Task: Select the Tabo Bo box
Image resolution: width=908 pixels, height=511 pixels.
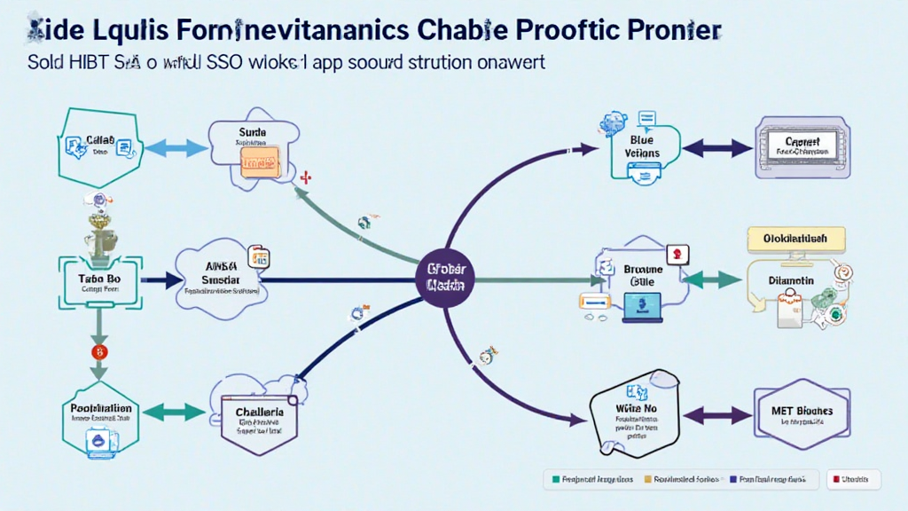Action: tap(98, 281)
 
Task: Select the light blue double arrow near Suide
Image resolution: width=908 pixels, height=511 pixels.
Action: tap(168, 147)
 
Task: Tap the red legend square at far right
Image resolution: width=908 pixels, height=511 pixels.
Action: tap(834, 479)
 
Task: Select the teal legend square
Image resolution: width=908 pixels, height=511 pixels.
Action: tap(556, 479)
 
